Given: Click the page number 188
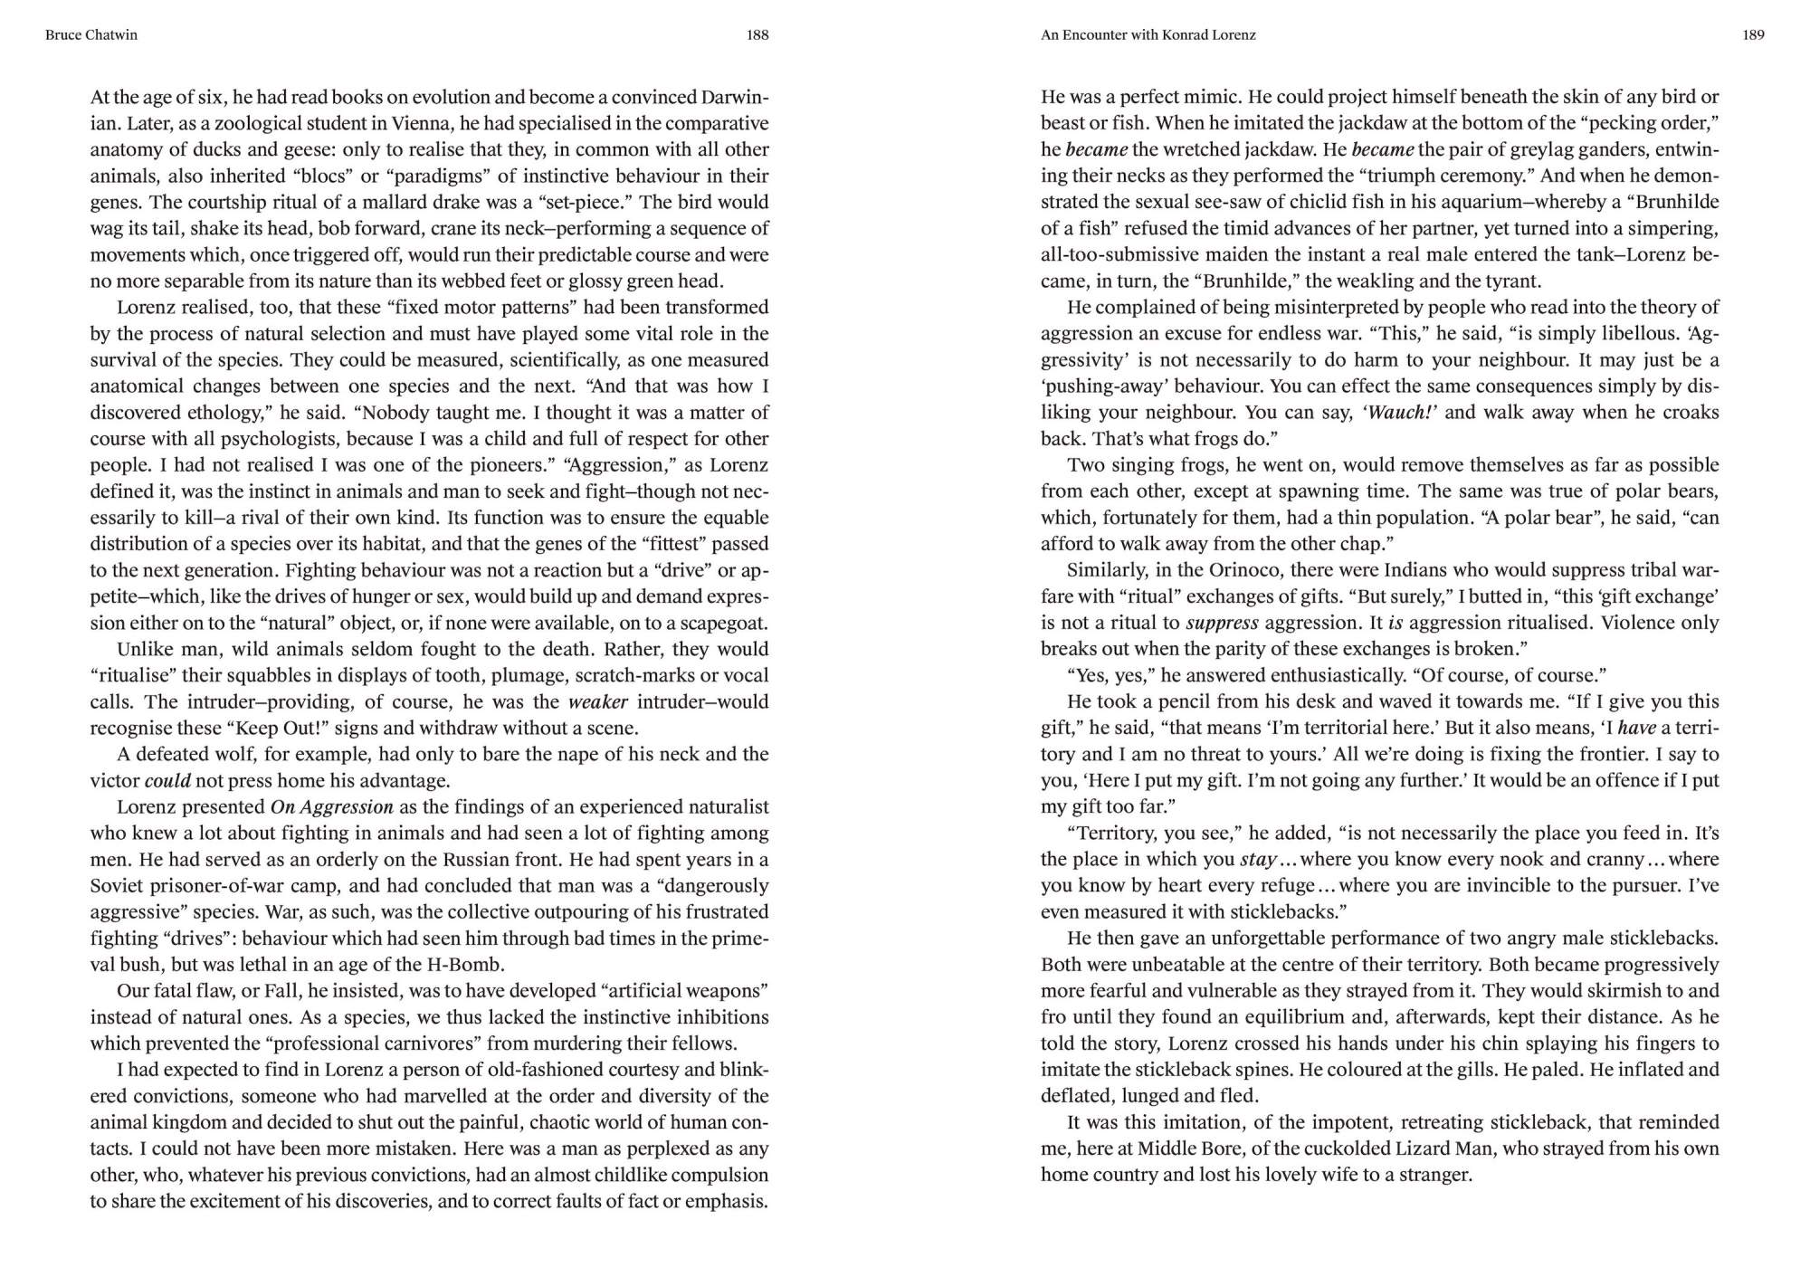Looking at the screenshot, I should click(757, 35).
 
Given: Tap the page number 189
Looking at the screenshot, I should click(1753, 35).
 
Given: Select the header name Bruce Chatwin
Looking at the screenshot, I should click(91, 35).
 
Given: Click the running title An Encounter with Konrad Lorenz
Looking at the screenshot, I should click(1148, 35).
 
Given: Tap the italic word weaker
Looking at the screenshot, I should click(597, 702).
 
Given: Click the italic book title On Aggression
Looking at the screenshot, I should click(331, 807).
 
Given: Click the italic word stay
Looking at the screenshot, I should click(1258, 860).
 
